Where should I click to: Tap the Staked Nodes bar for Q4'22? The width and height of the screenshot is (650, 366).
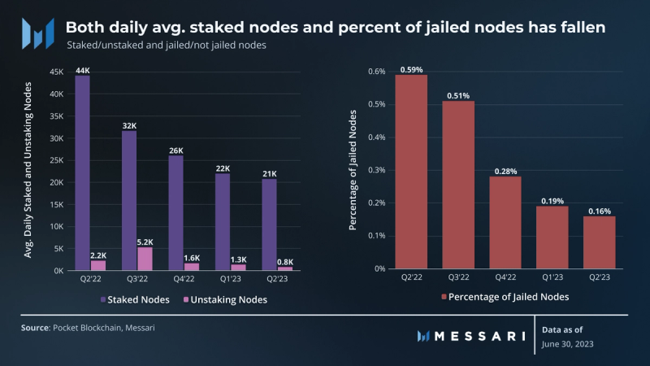pos(175,212)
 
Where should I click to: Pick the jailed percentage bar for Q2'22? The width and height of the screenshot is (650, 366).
pos(411,172)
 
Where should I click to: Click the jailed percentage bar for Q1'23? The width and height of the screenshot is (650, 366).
pos(552,237)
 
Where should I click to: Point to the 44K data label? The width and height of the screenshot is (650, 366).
pos(83,70)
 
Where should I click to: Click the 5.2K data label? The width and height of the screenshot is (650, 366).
pos(145,242)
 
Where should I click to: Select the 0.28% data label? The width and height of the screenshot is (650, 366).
pos(505,171)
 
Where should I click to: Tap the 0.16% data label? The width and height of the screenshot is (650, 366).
pos(600,211)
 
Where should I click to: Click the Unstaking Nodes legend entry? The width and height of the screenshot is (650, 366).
pos(232,300)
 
